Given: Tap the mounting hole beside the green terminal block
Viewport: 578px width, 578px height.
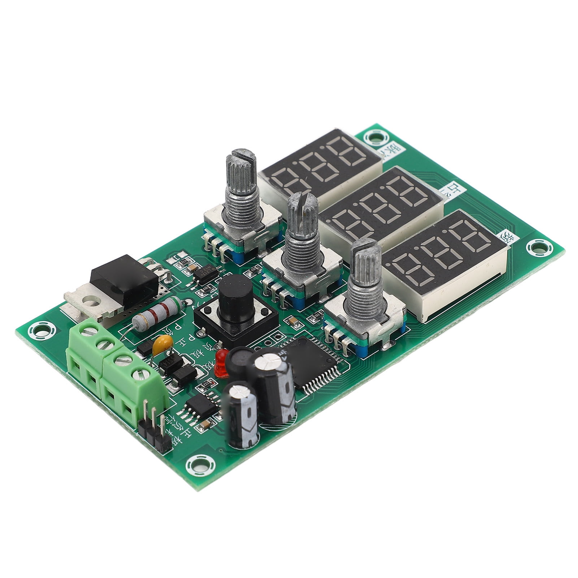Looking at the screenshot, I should click(x=41, y=329).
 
